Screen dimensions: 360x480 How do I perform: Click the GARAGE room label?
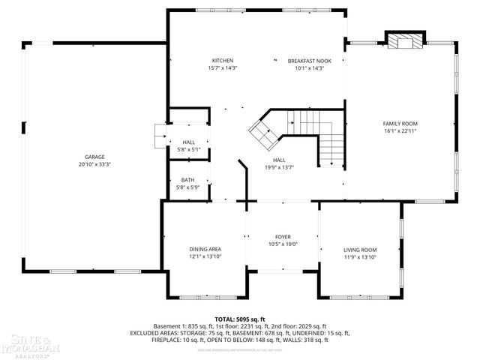point(94,157)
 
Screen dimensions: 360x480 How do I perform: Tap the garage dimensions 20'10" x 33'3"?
point(94,163)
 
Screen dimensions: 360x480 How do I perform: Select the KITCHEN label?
point(222,61)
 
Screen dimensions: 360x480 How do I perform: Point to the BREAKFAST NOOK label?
point(309,61)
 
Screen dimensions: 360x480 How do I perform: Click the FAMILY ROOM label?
point(400,123)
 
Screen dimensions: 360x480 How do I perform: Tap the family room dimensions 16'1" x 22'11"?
point(400,130)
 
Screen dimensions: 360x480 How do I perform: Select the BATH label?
point(187,180)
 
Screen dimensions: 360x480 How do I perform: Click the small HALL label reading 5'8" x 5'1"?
point(187,142)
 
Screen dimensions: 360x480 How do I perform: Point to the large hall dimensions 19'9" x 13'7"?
point(279,167)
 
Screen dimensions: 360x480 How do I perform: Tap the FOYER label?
point(283,236)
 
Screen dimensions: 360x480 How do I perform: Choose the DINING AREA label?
point(205,249)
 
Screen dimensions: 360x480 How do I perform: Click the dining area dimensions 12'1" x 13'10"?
point(205,256)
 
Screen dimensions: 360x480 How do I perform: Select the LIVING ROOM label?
point(360,250)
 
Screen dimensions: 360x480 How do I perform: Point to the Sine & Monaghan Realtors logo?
point(28,347)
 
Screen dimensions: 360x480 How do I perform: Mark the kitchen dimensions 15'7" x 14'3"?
point(222,68)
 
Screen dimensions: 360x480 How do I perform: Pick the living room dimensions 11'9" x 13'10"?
point(360,257)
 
